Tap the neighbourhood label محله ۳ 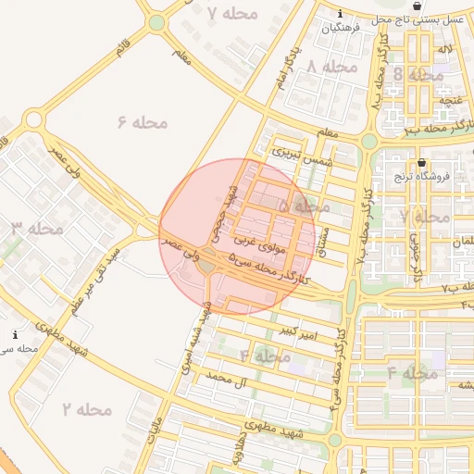coord(37,228)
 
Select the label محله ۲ coord(87,408)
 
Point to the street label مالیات coord(156,429)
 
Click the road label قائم coord(123,48)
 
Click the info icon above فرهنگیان coord(341,14)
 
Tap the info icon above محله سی coord(15,334)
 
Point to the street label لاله coord(445,47)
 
